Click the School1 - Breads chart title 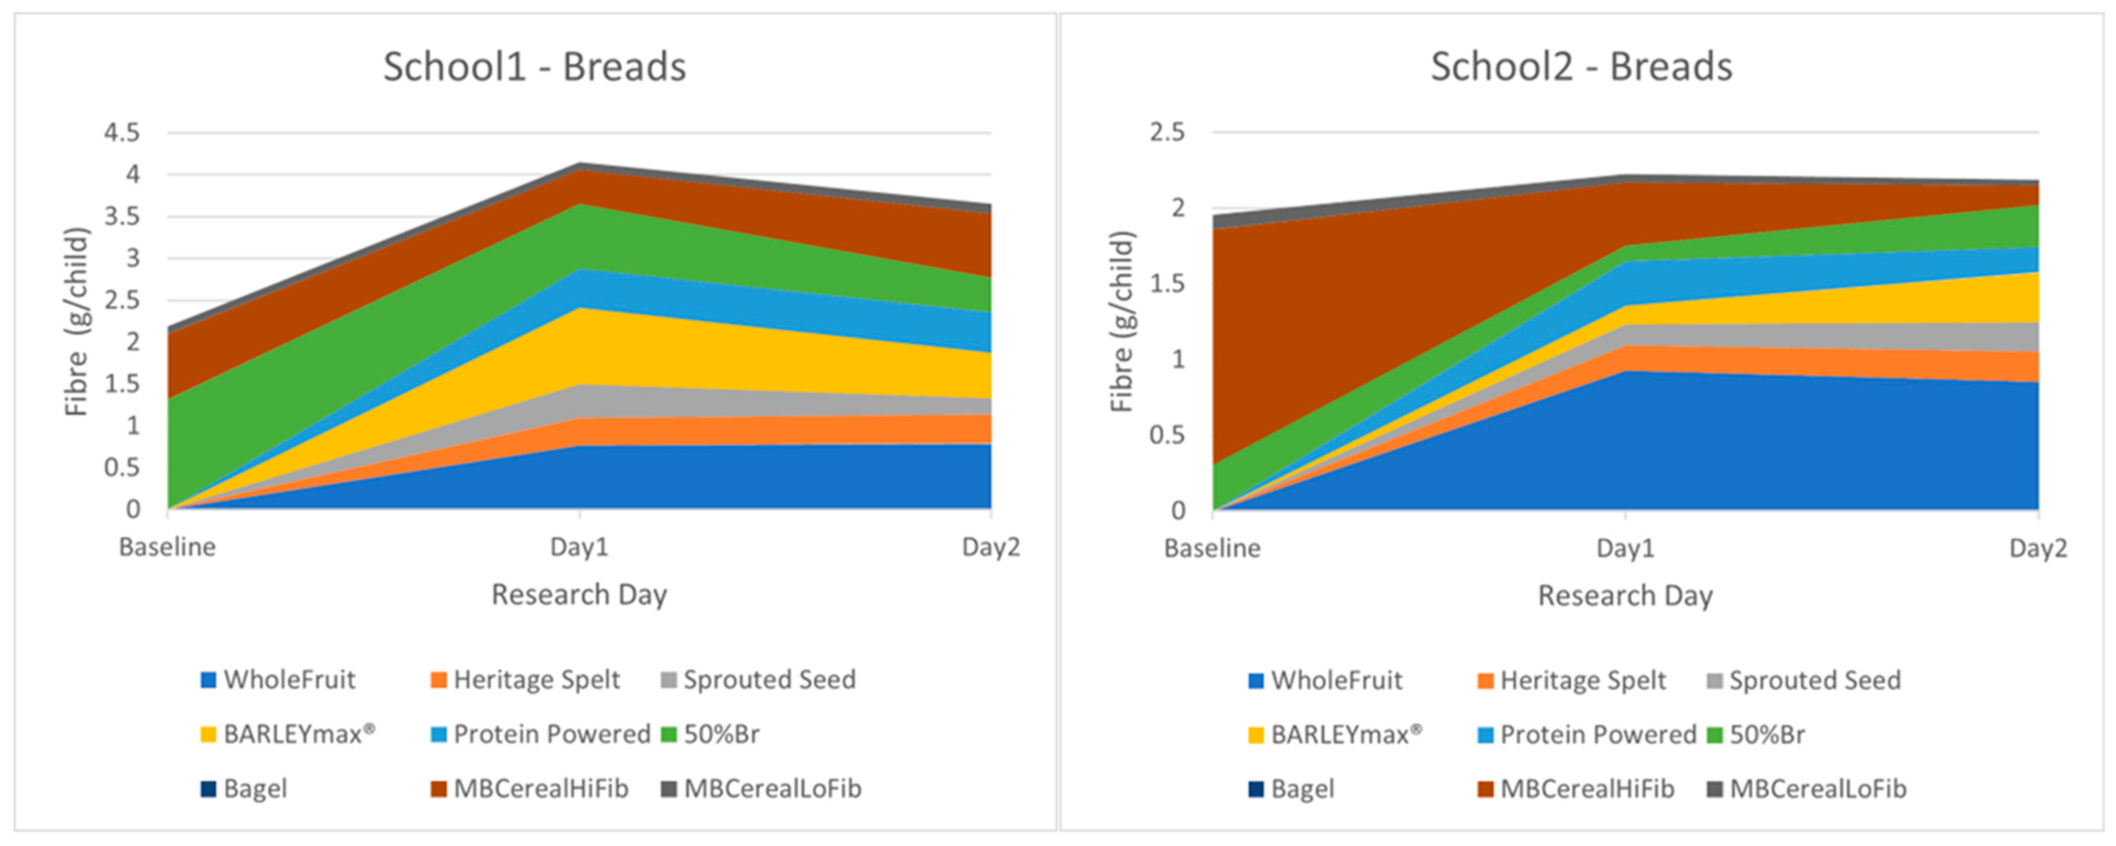coord(534,67)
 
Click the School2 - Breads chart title coord(1581,67)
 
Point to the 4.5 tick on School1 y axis coord(122,132)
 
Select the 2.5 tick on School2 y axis coord(1167,132)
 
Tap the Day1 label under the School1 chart coord(579,547)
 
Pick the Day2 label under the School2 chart coord(2037,548)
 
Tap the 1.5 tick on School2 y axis coord(1167,283)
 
